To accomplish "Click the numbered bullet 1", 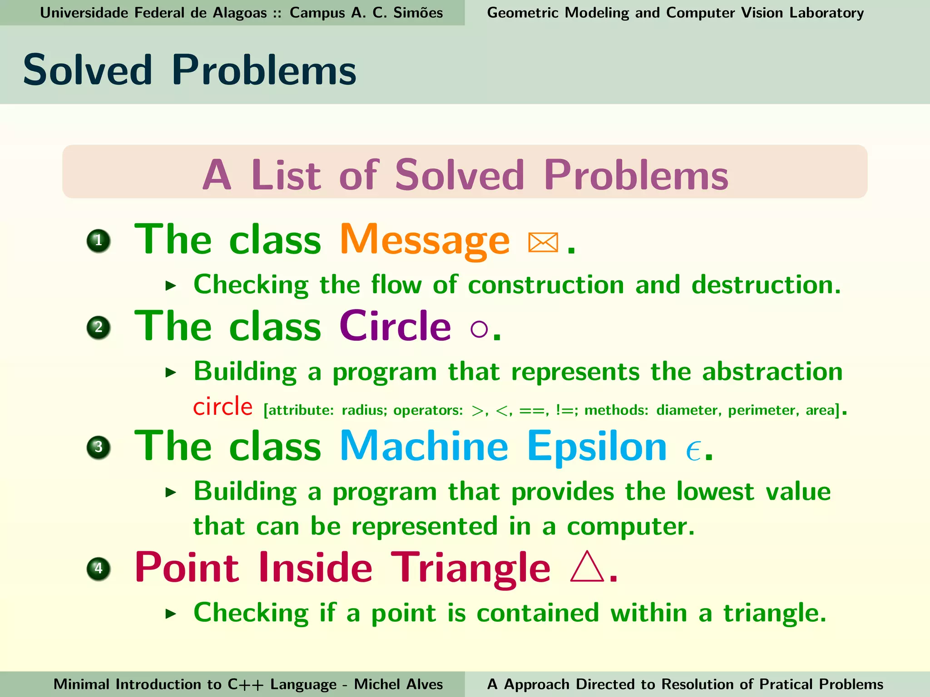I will point(99,241).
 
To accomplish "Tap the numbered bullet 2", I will point(99,327).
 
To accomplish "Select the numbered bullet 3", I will point(99,447).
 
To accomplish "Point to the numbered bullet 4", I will point(99,568).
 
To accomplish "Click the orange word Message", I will point(425,241).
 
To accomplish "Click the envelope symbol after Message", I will point(543,242).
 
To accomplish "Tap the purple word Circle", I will point(395,327).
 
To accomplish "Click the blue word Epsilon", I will point(596,447).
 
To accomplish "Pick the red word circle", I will point(223,407).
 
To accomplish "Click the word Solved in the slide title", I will point(88,70).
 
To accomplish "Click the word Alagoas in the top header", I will point(239,13).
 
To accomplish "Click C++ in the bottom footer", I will point(245,684).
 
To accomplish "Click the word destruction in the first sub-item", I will point(766,285).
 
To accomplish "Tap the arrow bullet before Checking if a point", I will point(171,614).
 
